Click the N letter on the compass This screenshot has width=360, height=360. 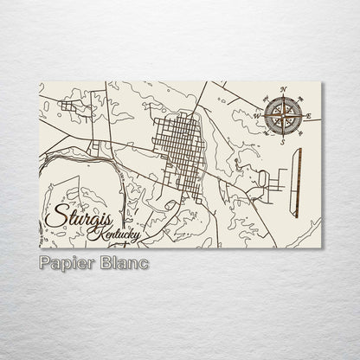pyautogui.click(x=283, y=90)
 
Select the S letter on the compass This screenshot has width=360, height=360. pyautogui.click(x=283, y=142)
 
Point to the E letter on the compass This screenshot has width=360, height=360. pyautogui.click(x=309, y=116)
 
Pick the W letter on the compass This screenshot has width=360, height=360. pyautogui.click(x=257, y=116)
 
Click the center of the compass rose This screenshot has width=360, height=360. pyautogui.click(x=283, y=116)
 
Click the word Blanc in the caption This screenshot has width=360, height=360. pyautogui.click(x=122, y=262)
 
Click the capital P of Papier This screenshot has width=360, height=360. pyautogui.click(x=45, y=262)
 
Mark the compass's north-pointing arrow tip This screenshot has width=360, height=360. pyautogui.click(x=283, y=96)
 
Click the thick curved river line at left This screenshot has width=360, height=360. pyautogui.click(x=65, y=158)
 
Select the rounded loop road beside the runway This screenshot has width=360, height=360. pyautogui.click(x=262, y=180)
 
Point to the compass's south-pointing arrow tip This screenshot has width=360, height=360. pyautogui.click(x=283, y=136)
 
